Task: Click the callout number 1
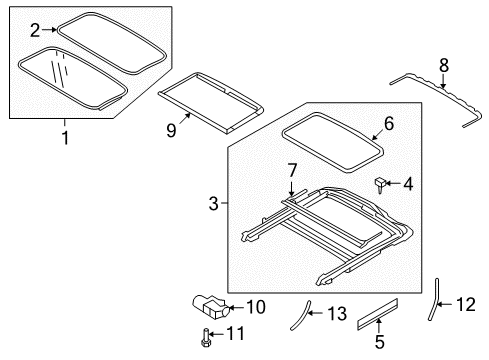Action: click(66, 138)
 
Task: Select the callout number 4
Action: click(409, 183)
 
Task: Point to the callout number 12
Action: click(466, 304)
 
